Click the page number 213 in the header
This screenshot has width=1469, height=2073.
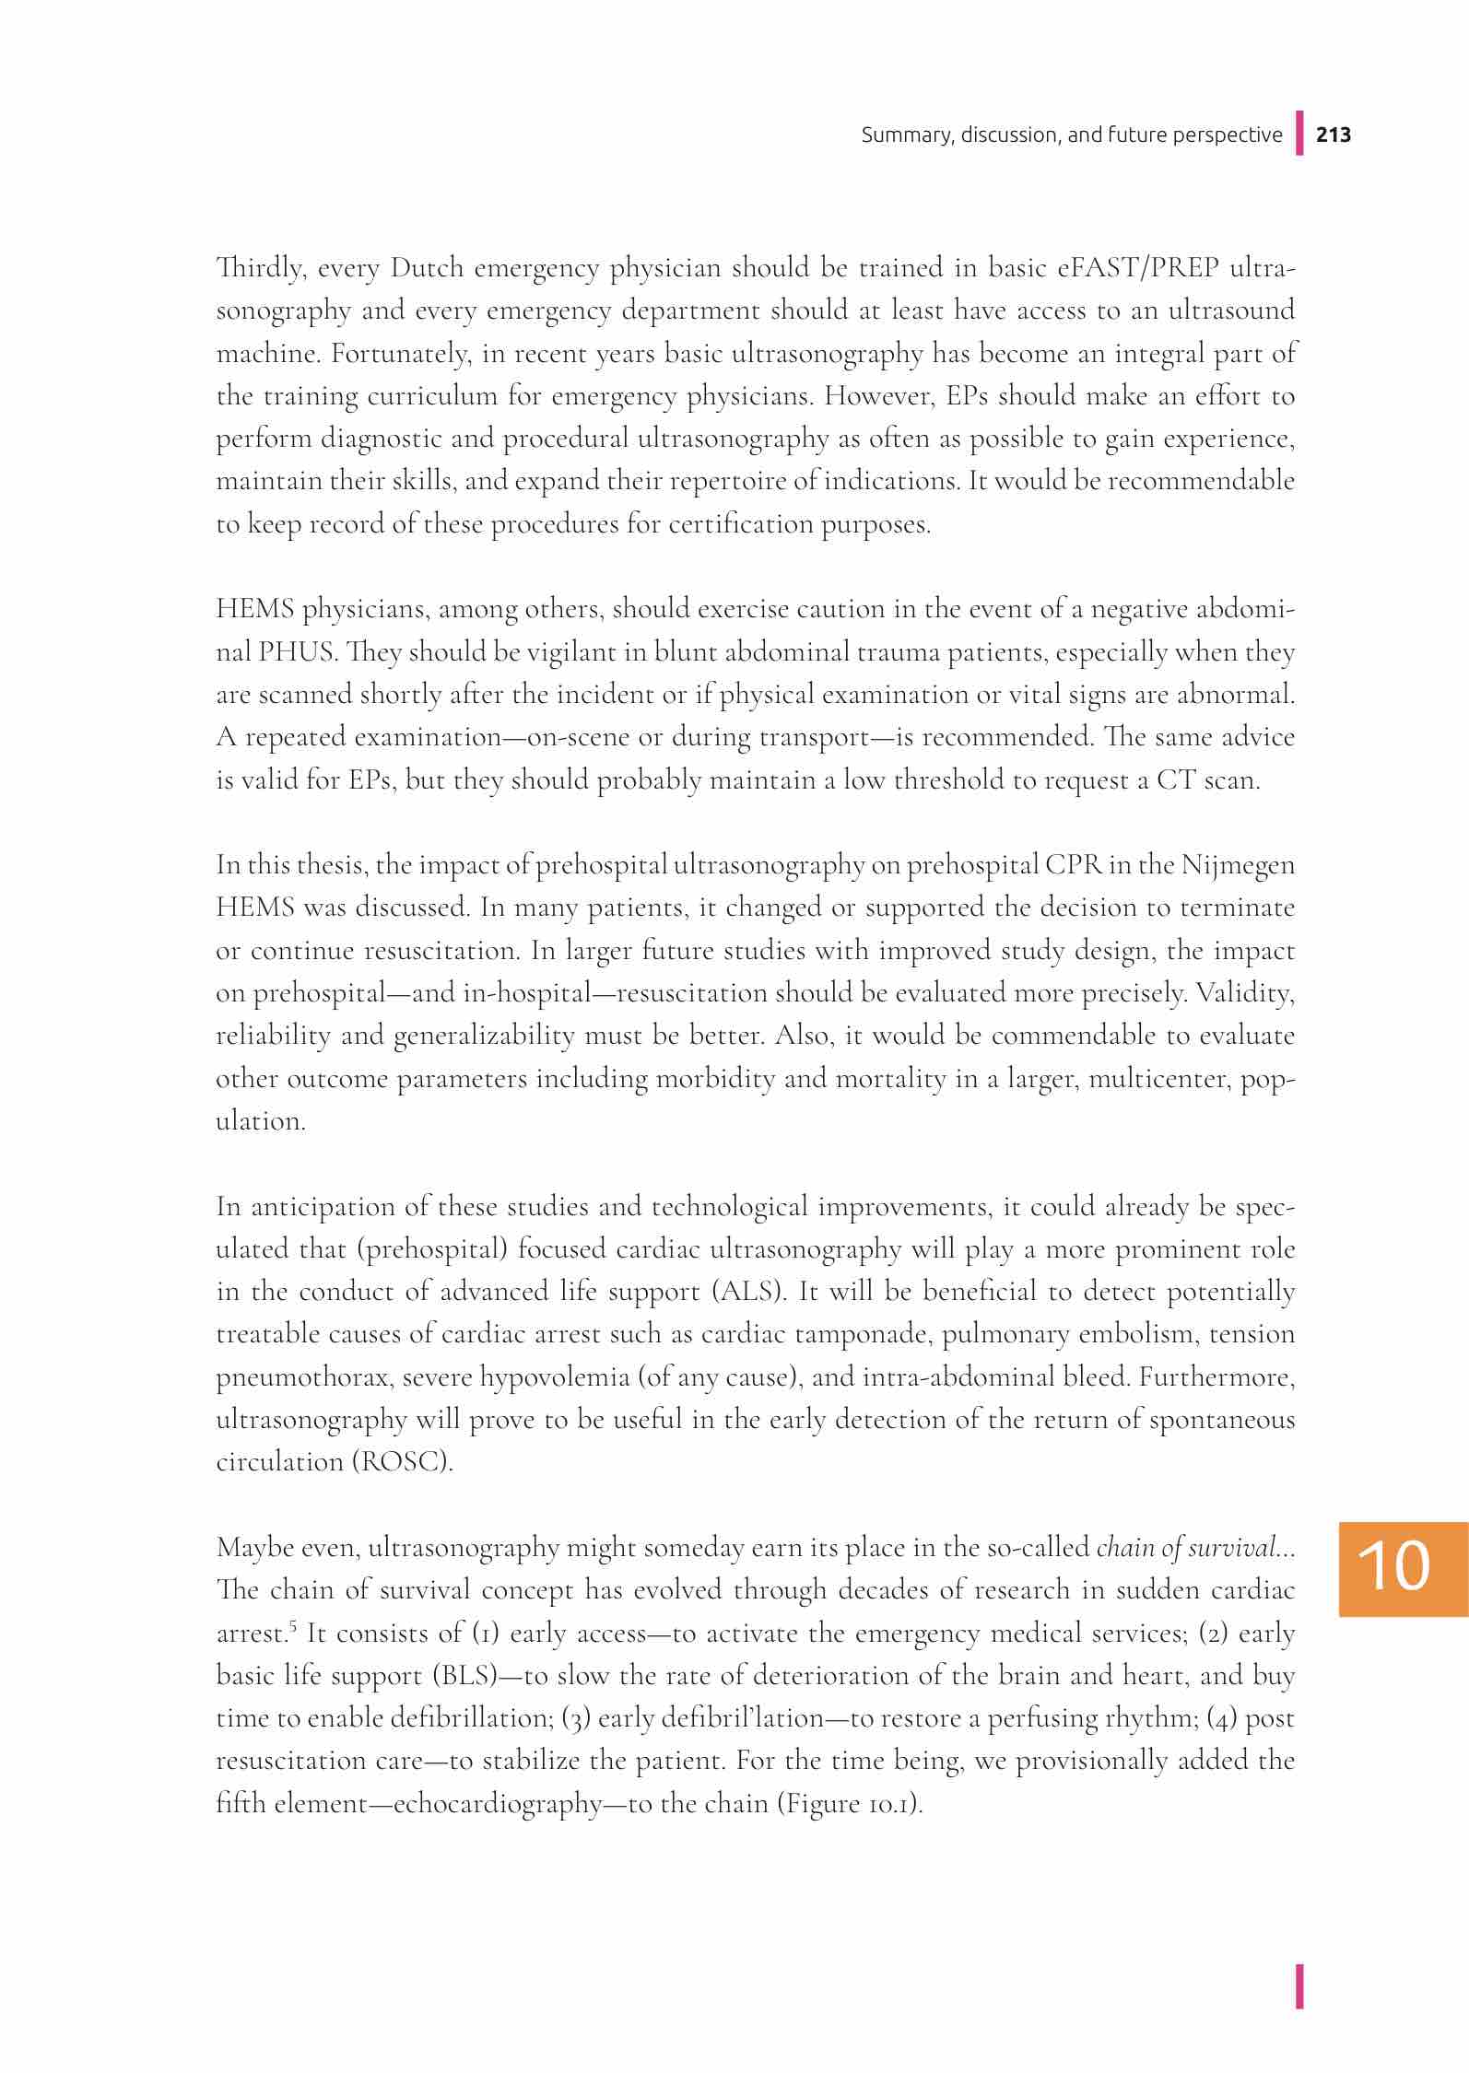tap(1334, 135)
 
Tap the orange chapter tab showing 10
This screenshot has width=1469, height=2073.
tap(1404, 1569)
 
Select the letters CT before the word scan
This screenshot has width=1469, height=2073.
tap(1178, 780)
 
